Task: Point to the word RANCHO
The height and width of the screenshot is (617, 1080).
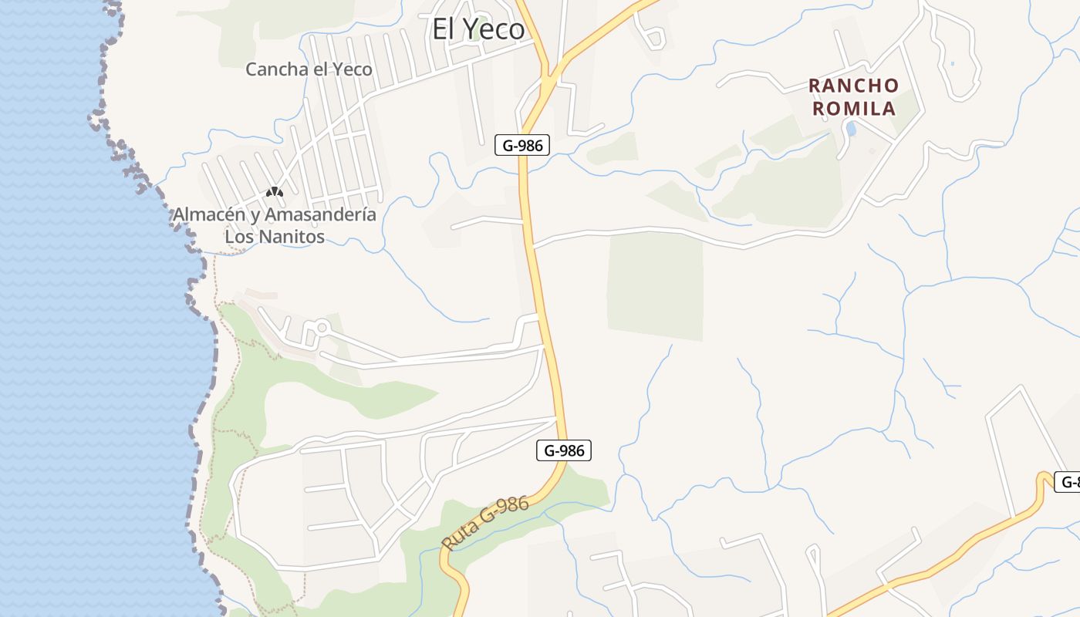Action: tap(854, 86)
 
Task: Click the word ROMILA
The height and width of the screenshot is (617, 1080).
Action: tap(854, 108)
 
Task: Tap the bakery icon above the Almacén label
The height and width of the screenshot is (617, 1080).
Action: tap(274, 191)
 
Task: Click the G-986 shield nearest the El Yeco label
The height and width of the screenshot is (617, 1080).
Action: tap(522, 145)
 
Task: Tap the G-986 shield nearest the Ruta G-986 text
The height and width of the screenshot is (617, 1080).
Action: tap(564, 450)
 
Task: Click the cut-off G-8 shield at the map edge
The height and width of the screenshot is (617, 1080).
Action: tap(1068, 482)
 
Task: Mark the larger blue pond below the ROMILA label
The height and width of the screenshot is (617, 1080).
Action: tap(851, 129)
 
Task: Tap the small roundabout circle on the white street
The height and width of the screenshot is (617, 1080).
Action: tap(322, 329)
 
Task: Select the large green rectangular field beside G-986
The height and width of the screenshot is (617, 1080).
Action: tap(655, 285)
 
